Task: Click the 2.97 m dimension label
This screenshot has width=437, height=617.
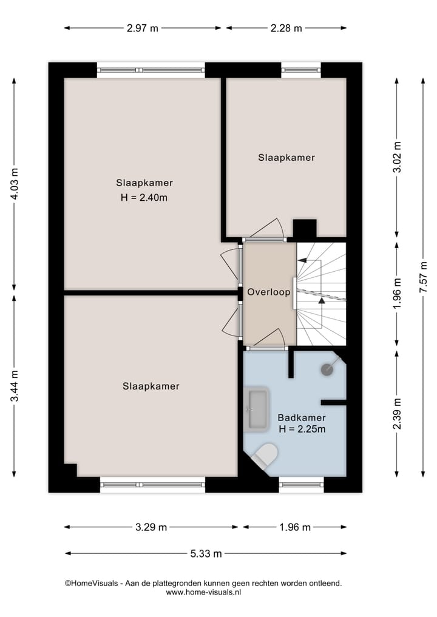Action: (143, 29)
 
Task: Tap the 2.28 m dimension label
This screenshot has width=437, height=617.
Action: (286, 29)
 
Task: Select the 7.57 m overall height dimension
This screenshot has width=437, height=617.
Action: (423, 277)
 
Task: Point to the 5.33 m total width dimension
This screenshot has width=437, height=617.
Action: (206, 554)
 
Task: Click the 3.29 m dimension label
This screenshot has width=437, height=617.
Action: (151, 527)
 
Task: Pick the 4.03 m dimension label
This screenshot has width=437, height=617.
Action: (14, 184)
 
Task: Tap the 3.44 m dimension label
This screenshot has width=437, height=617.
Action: (14, 386)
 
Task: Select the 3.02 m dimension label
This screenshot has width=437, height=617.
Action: (397, 157)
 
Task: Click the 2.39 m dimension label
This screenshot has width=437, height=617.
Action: (397, 414)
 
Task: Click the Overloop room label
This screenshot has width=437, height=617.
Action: (269, 292)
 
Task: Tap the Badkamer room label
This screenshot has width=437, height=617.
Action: (302, 417)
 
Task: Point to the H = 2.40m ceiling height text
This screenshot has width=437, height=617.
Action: (144, 198)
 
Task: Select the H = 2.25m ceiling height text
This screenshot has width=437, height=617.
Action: (302, 429)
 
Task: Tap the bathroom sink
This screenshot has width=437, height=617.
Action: (257, 410)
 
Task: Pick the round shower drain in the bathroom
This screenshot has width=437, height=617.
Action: (328, 369)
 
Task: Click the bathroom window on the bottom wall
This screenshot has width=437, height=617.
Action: (302, 485)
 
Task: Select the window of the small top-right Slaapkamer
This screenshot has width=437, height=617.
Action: (301, 70)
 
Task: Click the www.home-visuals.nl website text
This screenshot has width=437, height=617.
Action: (203, 592)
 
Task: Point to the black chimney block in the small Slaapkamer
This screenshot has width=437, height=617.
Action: (305, 229)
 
